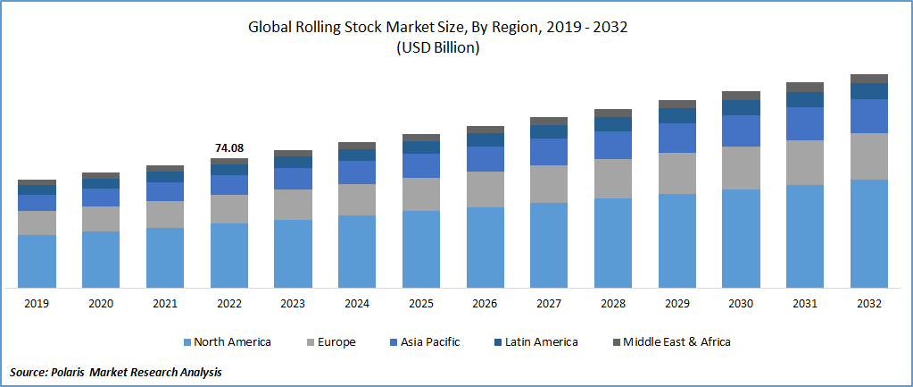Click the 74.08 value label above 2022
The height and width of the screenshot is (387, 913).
pyautogui.click(x=229, y=147)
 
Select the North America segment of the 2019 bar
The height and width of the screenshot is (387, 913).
pyautogui.click(x=37, y=261)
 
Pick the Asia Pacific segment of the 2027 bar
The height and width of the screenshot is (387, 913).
pyautogui.click(x=548, y=152)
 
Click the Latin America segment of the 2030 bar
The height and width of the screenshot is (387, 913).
pyautogui.click(x=741, y=107)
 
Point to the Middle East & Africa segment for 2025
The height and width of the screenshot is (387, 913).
pyautogui.click(x=420, y=138)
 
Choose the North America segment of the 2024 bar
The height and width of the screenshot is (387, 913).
pyautogui.click(x=356, y=251)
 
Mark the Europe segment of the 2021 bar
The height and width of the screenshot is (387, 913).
pyautogui.click(x=165, y=215)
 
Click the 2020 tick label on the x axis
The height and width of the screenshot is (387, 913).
pyautogui.click(x=101, y=304)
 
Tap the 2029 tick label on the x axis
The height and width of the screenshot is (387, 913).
pyautogui.click(x=676, y=304)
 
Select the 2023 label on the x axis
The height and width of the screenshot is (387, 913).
pyautogui.click(x=293, y=304)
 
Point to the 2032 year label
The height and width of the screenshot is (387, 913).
pyautogui.click(x=868, y=304)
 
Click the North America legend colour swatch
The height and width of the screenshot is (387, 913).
pyautogui.click(x=187, y=342)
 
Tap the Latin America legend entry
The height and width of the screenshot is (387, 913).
pyautogui.click(x=541, y=342)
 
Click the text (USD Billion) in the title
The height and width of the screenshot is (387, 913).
pyautogui.click(x=438, y=48)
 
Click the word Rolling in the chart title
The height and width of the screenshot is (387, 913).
pyautogui.click(x=320, y=28)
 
